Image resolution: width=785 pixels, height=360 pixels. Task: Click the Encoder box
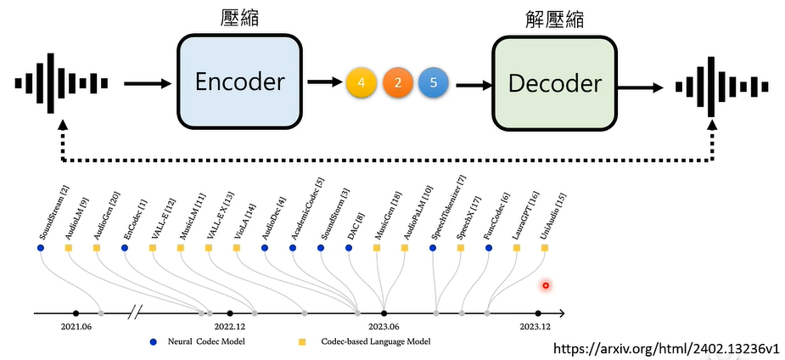click(239, 82)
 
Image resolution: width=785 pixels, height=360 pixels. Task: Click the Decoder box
click(555, 83)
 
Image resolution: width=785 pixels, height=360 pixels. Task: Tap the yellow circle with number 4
click(362, 83)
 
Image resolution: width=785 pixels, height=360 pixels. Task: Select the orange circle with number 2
click(398, 83)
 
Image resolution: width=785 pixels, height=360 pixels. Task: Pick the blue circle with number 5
click(434, 83)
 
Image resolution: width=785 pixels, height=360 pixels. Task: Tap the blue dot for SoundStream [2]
click(40, 248)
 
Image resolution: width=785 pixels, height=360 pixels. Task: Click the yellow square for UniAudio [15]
click(545, 248)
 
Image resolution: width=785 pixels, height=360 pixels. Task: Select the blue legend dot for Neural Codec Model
click(153, 341)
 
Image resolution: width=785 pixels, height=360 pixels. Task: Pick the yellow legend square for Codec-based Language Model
click(301, 341)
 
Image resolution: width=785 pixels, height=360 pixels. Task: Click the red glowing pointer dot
click(546, 285)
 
